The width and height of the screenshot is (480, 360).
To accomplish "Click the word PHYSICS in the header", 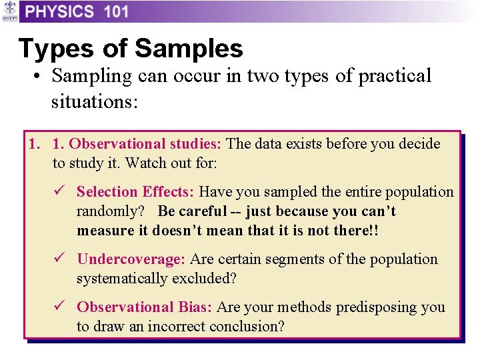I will pos(60,11).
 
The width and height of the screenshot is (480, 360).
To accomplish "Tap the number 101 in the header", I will pos(116,11).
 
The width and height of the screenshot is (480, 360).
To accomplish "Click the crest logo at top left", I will pos(9,11).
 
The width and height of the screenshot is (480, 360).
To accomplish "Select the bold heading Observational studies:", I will pos(146,144).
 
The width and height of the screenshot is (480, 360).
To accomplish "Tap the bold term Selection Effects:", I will pos(135,192).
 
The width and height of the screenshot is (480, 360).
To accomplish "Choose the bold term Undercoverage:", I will pos(132,259).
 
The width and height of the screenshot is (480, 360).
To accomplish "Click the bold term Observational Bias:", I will pos(144,307).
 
